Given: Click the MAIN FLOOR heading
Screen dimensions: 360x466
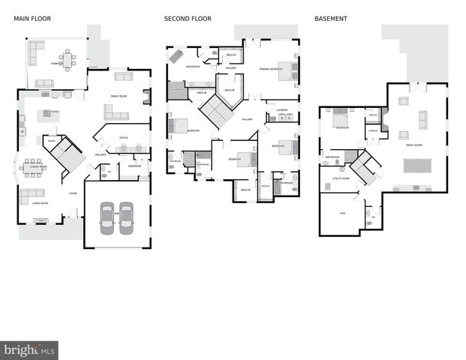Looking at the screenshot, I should coord(32,18).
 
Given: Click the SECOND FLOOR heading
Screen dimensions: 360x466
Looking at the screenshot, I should coord(188,18).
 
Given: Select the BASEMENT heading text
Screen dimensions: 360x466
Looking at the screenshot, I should coord(331,18).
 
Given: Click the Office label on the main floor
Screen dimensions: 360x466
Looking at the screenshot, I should coord(124,137).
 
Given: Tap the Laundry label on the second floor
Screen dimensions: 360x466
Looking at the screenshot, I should coord(282,110).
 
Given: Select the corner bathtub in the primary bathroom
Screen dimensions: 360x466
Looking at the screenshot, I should coord(175,55).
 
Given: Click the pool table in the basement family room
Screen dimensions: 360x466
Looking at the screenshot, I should coord(417,165).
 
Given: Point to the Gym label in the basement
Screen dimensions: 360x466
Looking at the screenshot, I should coord(342,213).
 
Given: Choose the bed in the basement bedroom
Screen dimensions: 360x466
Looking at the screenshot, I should coord(340,118).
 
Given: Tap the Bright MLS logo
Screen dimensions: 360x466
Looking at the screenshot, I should coord(29,350).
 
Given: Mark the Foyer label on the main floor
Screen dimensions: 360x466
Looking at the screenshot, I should coord(73,193).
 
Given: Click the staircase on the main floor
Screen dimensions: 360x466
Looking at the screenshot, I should coord(68,154).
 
